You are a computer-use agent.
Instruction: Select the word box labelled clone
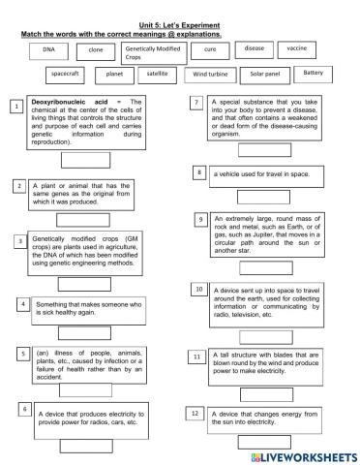point(95,48)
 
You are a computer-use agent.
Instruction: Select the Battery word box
point(314,73)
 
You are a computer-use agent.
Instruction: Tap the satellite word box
point(159,73)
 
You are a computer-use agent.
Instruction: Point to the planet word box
point(115,74)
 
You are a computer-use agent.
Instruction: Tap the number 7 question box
point(196,103)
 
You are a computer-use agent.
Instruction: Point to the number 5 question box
point(21,354)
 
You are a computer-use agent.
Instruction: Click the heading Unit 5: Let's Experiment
point(180,23)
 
